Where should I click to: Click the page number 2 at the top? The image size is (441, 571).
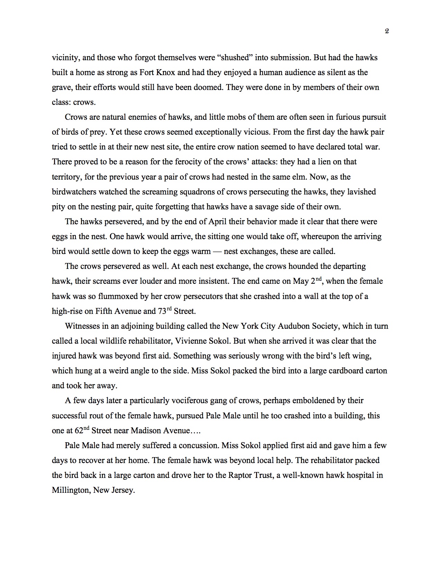tap(387, 31)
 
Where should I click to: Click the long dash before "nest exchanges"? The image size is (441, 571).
tap(217, 251)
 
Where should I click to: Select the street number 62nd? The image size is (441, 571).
tap(82, 430)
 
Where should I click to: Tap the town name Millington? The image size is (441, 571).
tap(71, 490)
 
